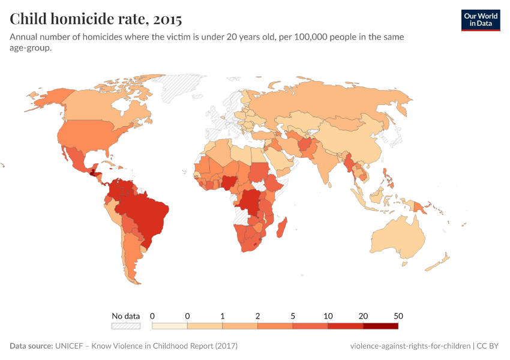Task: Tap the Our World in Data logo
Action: click(480, 20)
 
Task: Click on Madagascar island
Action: click(282, 231)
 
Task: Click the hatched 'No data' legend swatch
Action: click(125, 326)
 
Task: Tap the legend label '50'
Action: click(398, 316)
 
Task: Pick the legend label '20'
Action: click(363, 316)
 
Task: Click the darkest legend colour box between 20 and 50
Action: click(380, 326)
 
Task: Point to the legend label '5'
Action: click(293, 316)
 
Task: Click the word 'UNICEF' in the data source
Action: click(71, 346)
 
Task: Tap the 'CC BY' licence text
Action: click(488, 346)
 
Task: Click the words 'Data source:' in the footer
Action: click(31, 346)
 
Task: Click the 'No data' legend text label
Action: click(125, 316)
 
